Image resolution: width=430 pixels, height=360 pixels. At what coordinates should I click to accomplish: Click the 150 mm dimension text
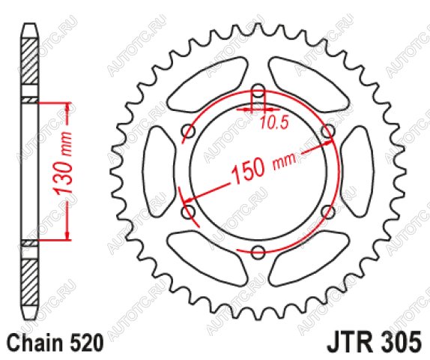pyautogui.click(x=264, y=166)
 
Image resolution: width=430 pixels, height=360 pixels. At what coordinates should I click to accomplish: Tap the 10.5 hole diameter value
pyautogui.click(x=273, y=123)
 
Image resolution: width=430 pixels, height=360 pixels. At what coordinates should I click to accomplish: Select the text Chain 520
pyautogui.click(x=55, y=343)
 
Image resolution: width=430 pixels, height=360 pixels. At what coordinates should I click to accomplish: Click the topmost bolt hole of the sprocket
pyautogui.click(x=258, y=91)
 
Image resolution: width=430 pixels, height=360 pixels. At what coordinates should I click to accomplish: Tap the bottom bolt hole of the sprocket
pyautogui.click(x=258, y=252)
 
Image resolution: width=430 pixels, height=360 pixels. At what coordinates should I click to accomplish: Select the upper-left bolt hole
pyautogui.click(x=188, y=130)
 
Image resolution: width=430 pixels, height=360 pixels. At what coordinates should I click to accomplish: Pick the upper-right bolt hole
pyautogui.click(x=328, y=130)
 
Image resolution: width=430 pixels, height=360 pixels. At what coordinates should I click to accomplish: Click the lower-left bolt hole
pyautogui.click(x=188, y=211)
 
